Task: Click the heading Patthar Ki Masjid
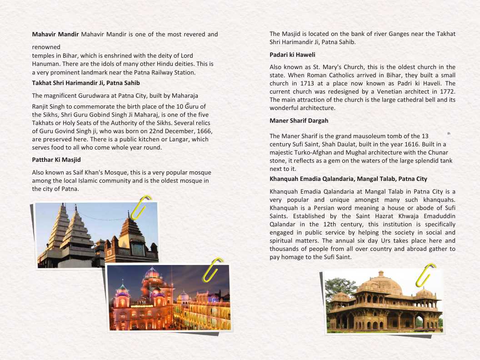pos(56,160)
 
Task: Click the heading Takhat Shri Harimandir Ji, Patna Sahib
pos(85,83)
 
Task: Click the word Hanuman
pos(44,64)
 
